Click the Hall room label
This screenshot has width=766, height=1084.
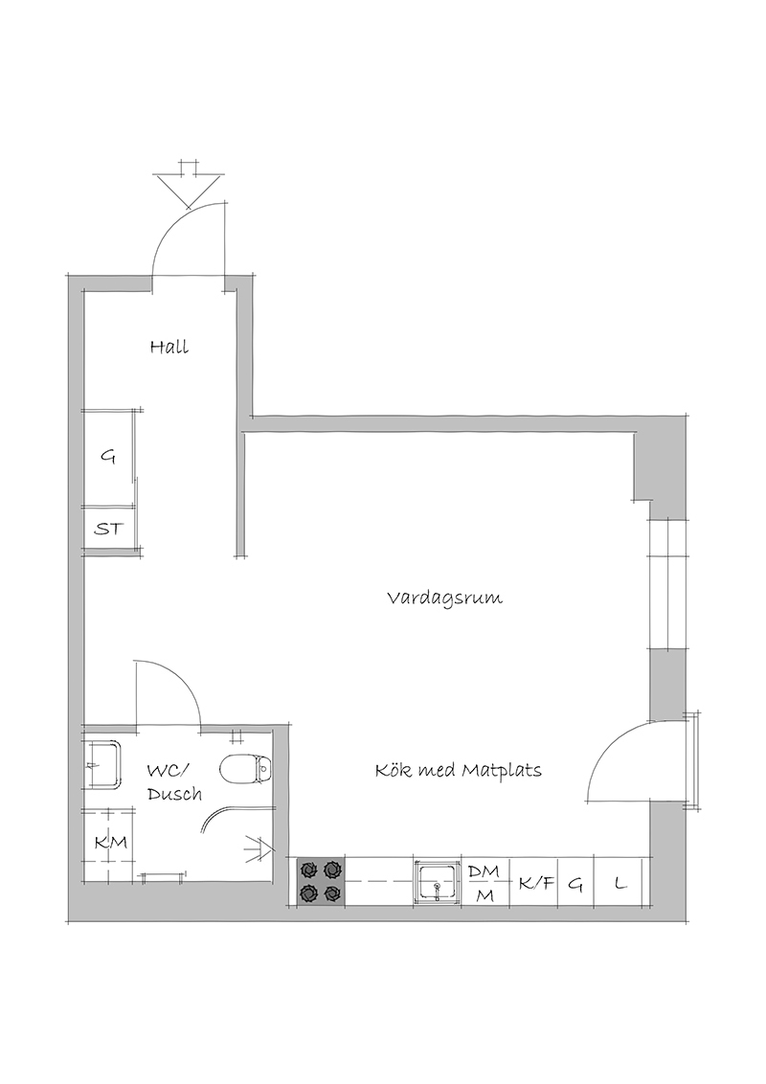click(x=169, y=346)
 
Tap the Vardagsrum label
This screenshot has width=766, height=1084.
click(x=444, y=598)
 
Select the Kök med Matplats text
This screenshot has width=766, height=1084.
click(x=459, y=770)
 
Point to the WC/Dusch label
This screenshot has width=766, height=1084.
click(x=174, y=781)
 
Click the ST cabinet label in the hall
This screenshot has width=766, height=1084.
click(x=109, y=530)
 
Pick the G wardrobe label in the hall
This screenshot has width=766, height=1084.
click(x=108, y=456)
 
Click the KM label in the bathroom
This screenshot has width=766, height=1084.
click(x=111, y=842)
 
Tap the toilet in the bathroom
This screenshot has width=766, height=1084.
click(x=245, y=767)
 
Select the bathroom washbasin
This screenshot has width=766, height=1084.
click(x=102, y=764)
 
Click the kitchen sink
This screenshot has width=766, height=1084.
click(x=437, y=881)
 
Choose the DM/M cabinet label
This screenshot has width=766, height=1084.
click(x=484, y=881)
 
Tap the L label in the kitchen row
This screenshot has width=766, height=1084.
click(x=620, y=882)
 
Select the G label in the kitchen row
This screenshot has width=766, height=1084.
click(x=575, y=883)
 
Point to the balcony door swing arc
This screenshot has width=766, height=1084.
click(x=603, y=749)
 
